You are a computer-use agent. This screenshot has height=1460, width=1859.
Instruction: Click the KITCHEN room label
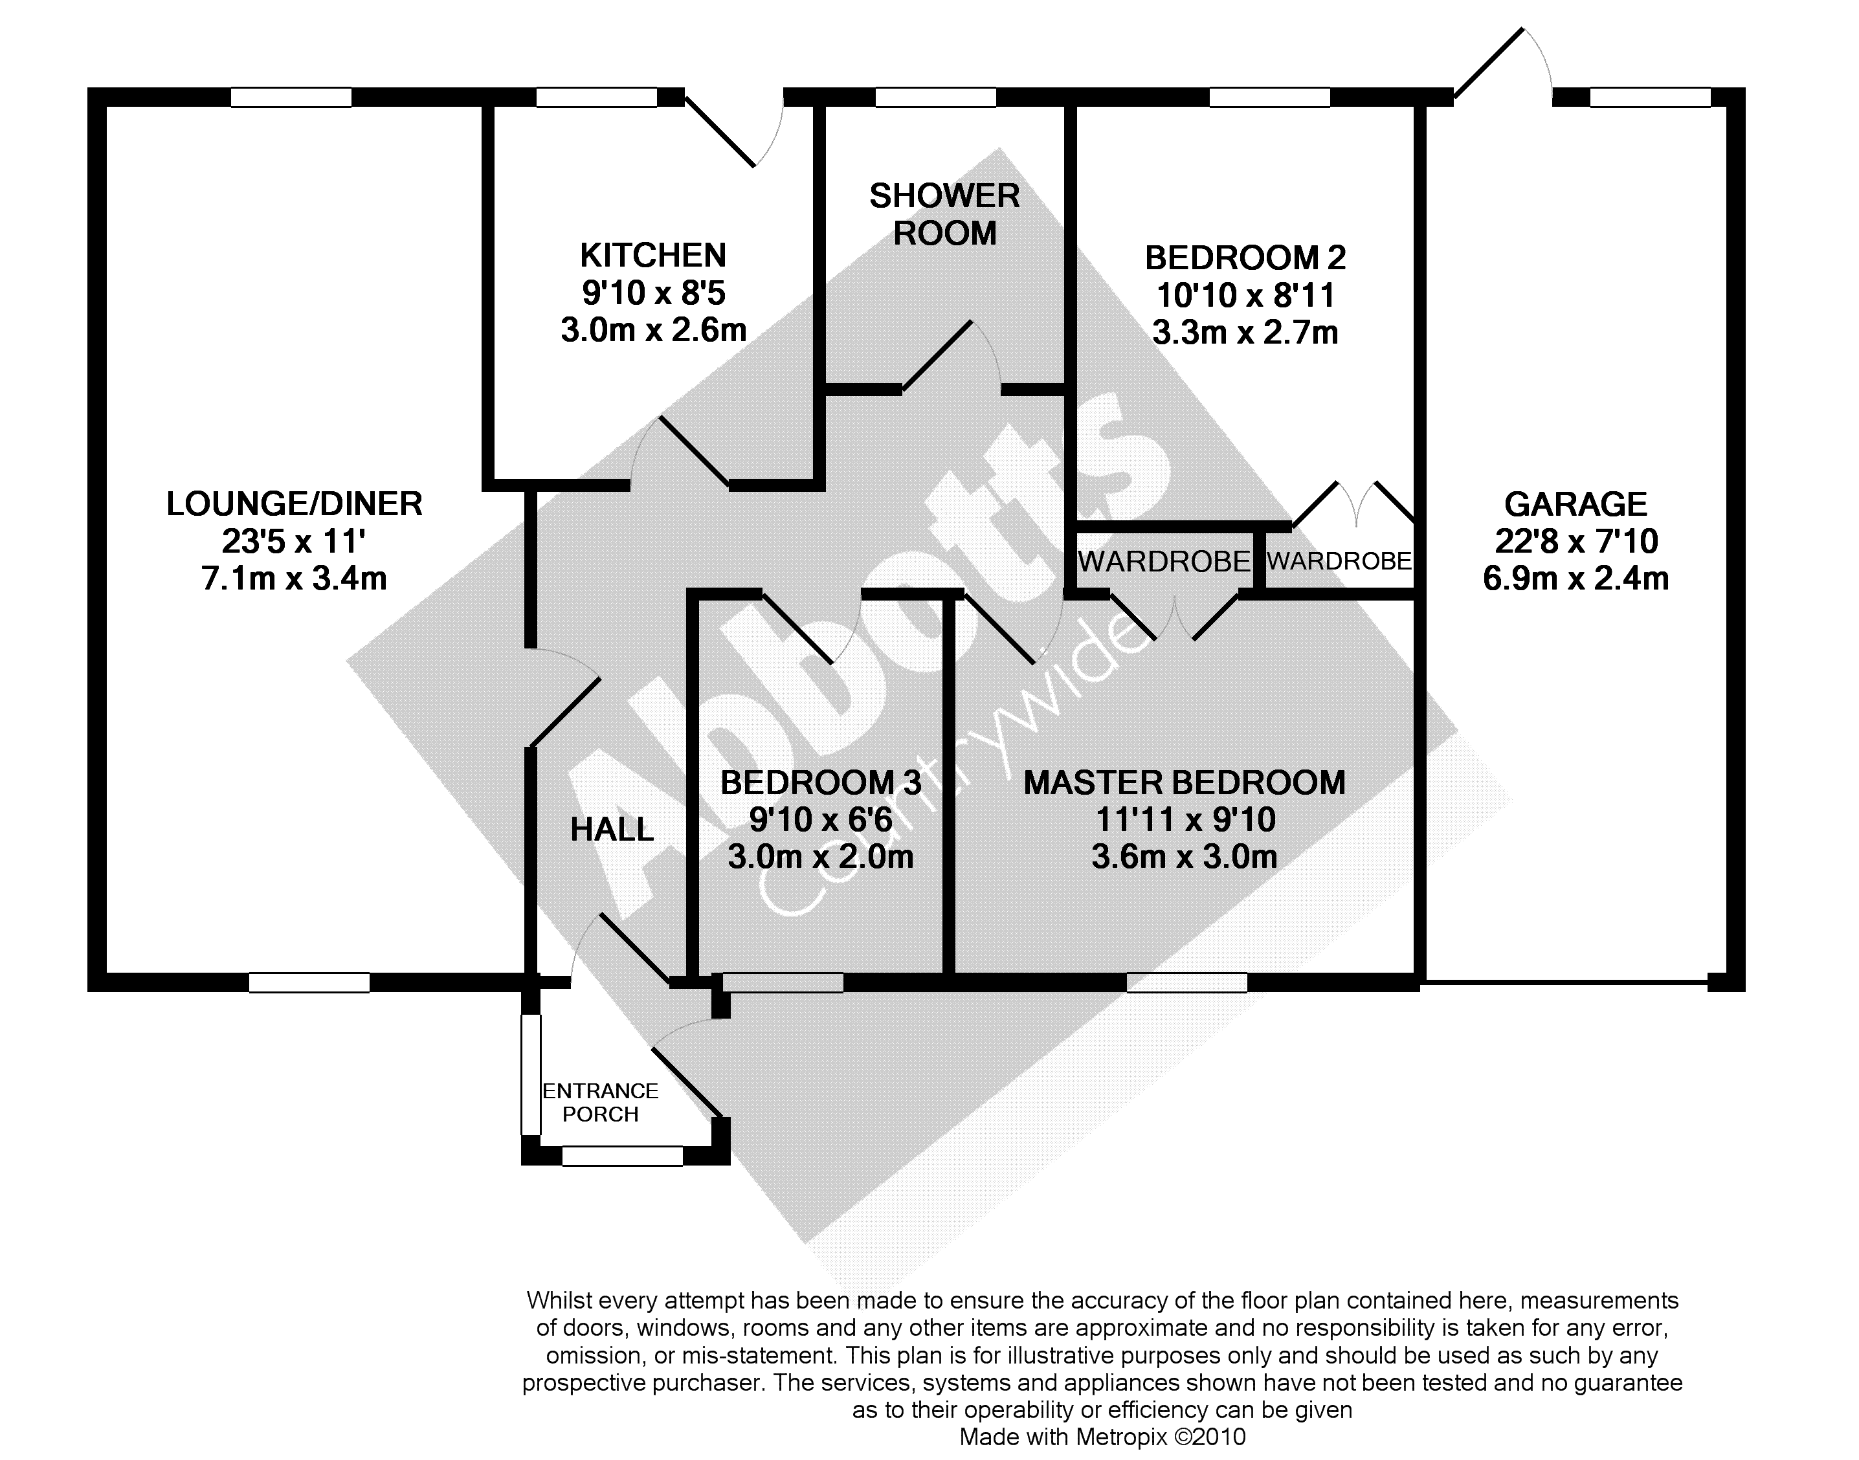[653, 256]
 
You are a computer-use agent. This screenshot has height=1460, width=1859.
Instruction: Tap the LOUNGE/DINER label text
[294, 504]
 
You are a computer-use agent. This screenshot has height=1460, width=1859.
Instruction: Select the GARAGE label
[1575, 504]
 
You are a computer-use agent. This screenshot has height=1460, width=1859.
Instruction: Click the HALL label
[612, 829]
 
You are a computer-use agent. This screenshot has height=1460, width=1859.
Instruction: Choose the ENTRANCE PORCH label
[600, 1103]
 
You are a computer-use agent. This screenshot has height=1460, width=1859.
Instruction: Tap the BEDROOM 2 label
[1245, 258]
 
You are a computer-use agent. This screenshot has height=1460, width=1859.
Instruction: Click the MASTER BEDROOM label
[1185, 783]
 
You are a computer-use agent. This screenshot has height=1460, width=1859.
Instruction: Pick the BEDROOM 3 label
[821, 783]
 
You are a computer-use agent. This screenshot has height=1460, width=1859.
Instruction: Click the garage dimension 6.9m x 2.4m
[1575, 579]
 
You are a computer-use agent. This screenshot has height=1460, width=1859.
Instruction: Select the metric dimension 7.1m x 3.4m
[294, 579]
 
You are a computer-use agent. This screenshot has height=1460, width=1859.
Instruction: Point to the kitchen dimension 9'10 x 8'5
[653, 293]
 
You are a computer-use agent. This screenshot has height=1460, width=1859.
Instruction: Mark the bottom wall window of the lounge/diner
[309, 983]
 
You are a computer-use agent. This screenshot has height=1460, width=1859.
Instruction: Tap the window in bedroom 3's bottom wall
[784, 983]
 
